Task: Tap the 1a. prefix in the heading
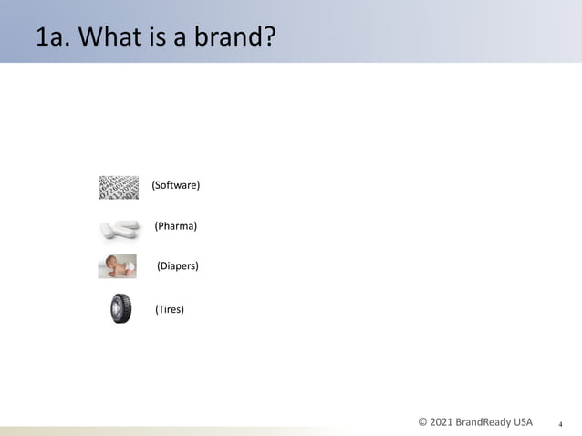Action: [x=52, y=39]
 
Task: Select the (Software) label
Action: [x=175, y=185]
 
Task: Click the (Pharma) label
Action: [x=176, y=225]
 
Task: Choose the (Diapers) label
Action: [x=177, y=266]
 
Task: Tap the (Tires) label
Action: [x=170, y=309]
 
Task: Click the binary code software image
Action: [x=118, y=187]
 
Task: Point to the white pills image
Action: [x=120, y=229]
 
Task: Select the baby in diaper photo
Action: [x=118, y=266]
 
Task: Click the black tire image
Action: [x=120, y=309]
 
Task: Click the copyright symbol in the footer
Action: [x=422, y=422]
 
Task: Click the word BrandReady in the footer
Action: [x=485, y=422]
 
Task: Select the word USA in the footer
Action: [x=523, y=422]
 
